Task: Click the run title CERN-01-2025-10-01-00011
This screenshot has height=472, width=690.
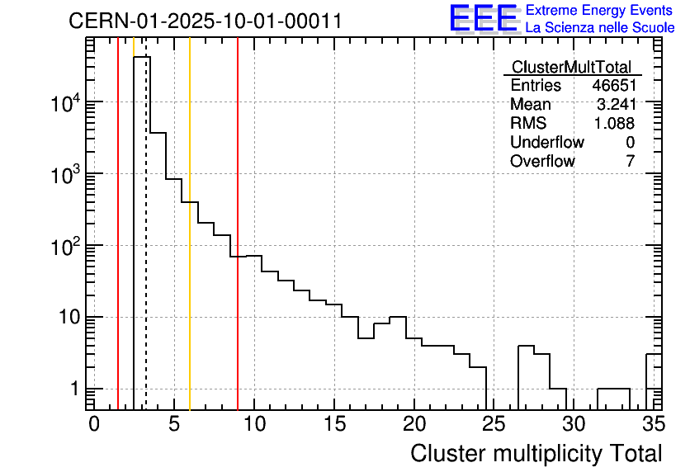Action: click(x=205, y=21)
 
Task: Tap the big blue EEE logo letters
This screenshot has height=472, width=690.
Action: click(x=483, y=18)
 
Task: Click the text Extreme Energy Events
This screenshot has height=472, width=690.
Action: click(x=600, y=10)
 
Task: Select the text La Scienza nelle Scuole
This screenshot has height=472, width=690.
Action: click(x=600, y=27)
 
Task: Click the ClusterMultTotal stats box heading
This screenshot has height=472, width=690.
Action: click(x=571, y=68)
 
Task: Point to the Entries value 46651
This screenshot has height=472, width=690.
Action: click(x=613, y=86)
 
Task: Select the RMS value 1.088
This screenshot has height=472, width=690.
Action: click(x=615, y=123)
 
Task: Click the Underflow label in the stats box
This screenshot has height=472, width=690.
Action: click(x=546, y=142)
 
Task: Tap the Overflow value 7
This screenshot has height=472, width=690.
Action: click(x=630, y=161)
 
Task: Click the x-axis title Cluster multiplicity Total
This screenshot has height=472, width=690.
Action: click(x=536, y=453)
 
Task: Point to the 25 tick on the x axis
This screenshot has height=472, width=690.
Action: click(x=494, y=424)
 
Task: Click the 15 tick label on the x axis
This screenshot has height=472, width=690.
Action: click(x=333, y=424)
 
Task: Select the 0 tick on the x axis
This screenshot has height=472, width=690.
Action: click(x=94, y=424)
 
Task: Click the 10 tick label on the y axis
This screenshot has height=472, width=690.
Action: click(x=69, y=318)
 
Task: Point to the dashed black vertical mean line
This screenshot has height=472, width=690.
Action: click(x=146, y=248)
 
